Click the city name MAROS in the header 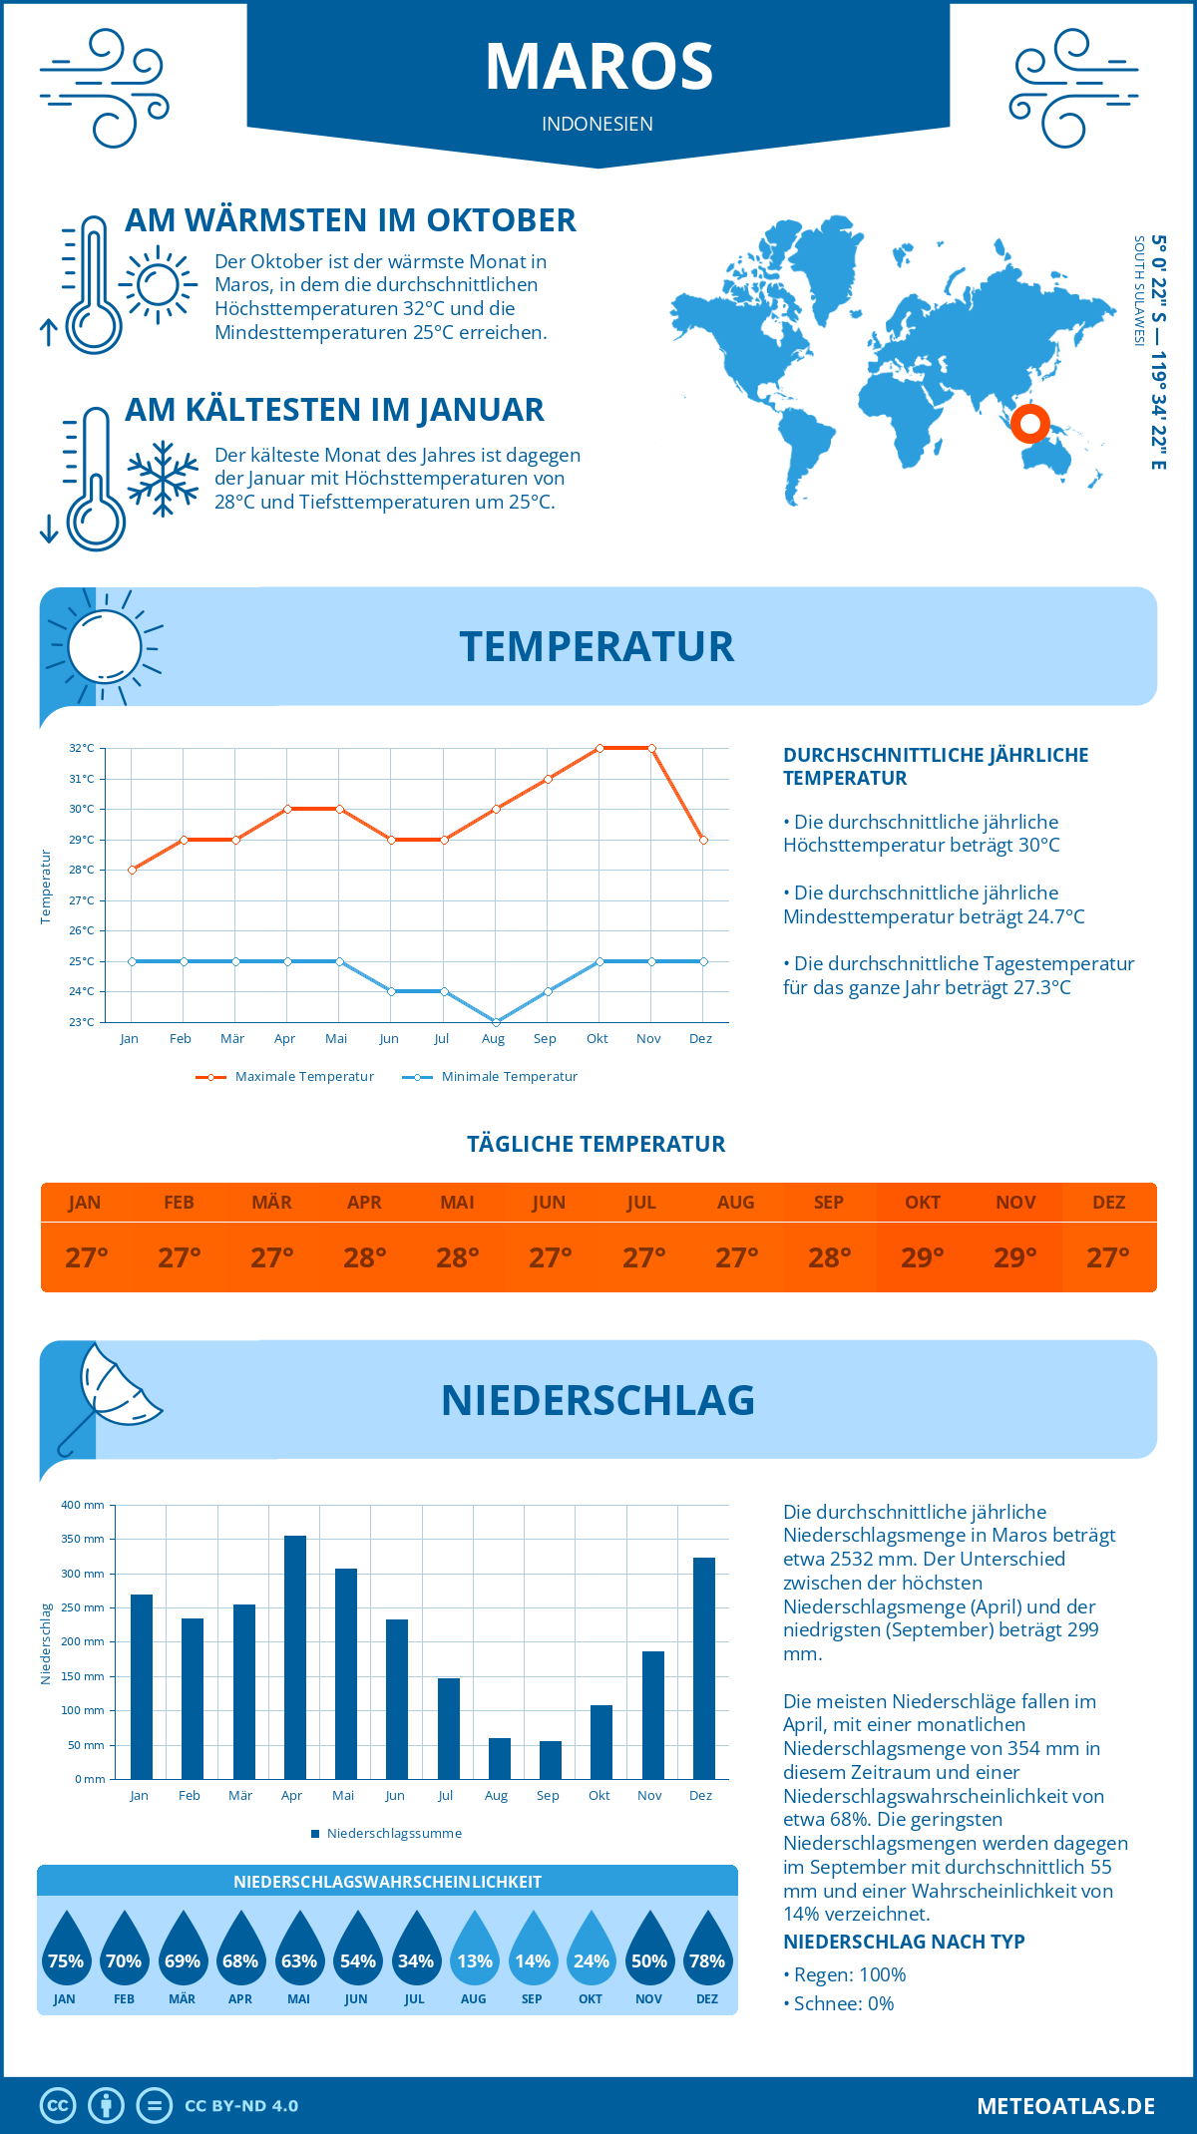598,67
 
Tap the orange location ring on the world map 1029,424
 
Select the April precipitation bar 294,1656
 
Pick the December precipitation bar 703,1667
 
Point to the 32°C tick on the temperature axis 82,748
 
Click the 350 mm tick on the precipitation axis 83,1539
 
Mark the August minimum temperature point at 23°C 496,1022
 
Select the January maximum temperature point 132,870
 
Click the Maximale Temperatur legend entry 285,1077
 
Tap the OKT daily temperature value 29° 922,1257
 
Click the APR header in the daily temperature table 364,1203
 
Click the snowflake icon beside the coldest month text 163,478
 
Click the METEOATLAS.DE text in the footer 1065,2106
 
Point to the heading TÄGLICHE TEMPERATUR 597,1144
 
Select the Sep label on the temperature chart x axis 545,1038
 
